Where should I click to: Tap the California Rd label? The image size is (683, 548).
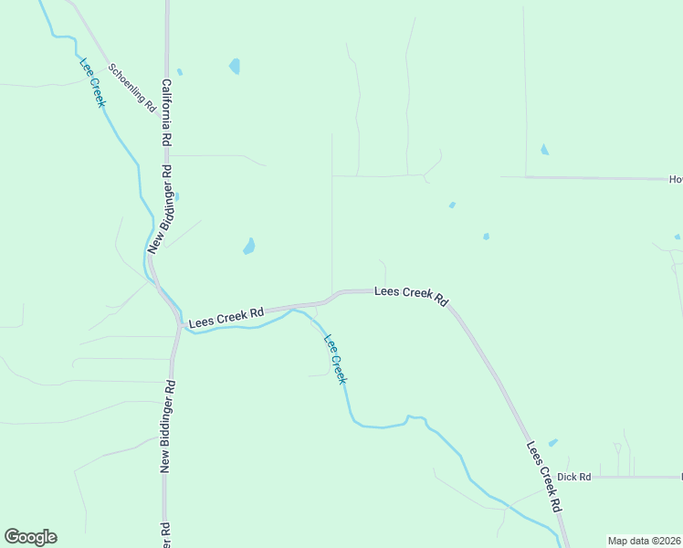(x=166, y=113)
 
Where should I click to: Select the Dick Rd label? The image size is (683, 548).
(x=574, y=477)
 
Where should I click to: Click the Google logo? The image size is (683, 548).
(x=30, y=537)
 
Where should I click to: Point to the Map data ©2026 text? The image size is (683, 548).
(x=644, y=541)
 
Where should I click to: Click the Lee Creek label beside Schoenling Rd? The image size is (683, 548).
(x=93, y=82)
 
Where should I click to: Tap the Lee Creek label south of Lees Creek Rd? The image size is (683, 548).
(x=335, y=357)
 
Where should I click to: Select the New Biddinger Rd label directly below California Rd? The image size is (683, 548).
(x=161, y=208)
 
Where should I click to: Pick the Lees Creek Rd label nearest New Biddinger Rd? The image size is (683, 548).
(x=226, y=318)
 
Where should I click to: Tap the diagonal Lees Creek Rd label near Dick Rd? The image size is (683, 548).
(x=543, y=475)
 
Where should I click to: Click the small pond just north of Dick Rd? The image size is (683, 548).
(x=552, y=443)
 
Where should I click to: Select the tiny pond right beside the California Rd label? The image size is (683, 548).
(x=180, y=72)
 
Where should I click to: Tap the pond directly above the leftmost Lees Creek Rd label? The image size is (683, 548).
(x=248, y=247)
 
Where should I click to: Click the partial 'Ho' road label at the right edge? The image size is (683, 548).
(x=676, y=179)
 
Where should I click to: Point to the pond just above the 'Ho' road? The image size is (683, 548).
(x=544, y=150)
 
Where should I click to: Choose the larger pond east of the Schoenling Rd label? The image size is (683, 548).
(x=235, y=67)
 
